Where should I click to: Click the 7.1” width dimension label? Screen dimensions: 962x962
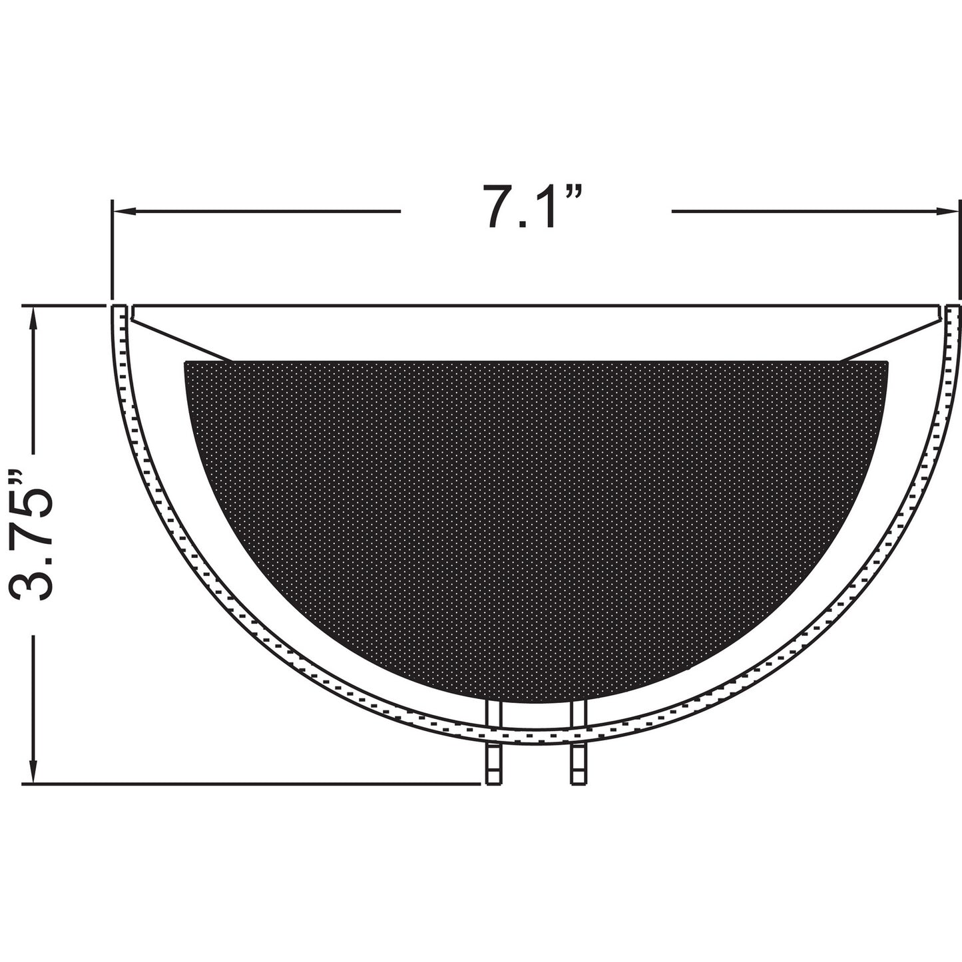(532, 207)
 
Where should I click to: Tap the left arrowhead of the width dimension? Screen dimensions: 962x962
(124, 212)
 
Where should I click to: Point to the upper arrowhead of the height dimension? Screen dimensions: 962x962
(33, 318)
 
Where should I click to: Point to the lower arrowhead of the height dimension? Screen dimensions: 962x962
(33, 772)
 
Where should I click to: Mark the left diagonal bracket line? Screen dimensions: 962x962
(180, 340)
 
